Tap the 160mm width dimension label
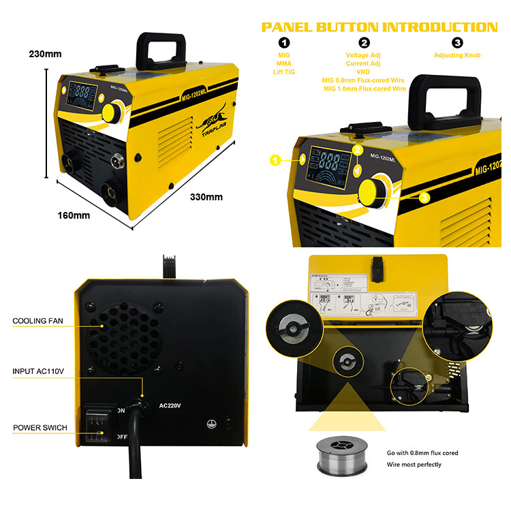point(74,216)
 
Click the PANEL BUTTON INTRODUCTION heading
point(380,27)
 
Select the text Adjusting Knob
point(458,55)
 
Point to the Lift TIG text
point(283,72)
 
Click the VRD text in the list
point(364,72)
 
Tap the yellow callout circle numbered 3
point(424,198)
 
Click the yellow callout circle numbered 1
point(275,160)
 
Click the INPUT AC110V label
point(39,371)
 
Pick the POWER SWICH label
point(40,429)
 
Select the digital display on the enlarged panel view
point(329,166)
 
